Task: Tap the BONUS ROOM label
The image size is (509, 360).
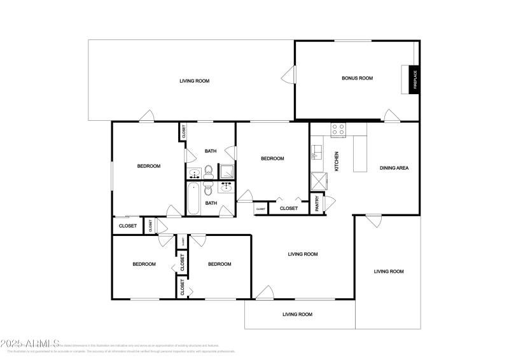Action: [x=357, y=78]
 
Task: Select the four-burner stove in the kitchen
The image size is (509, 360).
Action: [x=338, y=129]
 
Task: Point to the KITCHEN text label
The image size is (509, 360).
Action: [x=337, y=162]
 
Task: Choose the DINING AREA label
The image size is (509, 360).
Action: [x=394, y=168]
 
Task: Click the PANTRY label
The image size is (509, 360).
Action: [x=317, y=204]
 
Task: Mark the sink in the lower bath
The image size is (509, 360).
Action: [x=226, y=187]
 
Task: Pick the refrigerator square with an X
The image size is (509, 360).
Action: [x=317, y=181]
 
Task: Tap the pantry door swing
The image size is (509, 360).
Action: [x=329, y=204]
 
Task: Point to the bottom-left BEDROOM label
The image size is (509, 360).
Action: [x=144, y=265]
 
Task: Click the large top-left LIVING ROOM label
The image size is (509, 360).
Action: [x=194, y=81]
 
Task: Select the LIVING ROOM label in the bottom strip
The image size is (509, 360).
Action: [x=297, y=314]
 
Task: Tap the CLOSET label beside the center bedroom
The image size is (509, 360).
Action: [x=288, y=208]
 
